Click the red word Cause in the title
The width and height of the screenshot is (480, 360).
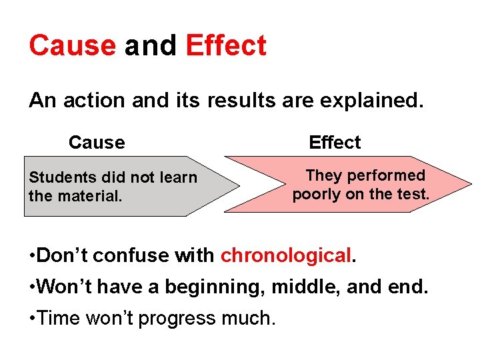click(72, 45)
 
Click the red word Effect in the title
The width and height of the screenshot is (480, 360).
click(226, 45)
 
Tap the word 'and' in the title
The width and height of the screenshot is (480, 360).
click(150, 45)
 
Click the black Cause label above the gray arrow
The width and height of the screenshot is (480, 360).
click(97, 142)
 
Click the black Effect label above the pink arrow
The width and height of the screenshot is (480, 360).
click(334, 142)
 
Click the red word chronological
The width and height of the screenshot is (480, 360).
click(285, 255)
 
